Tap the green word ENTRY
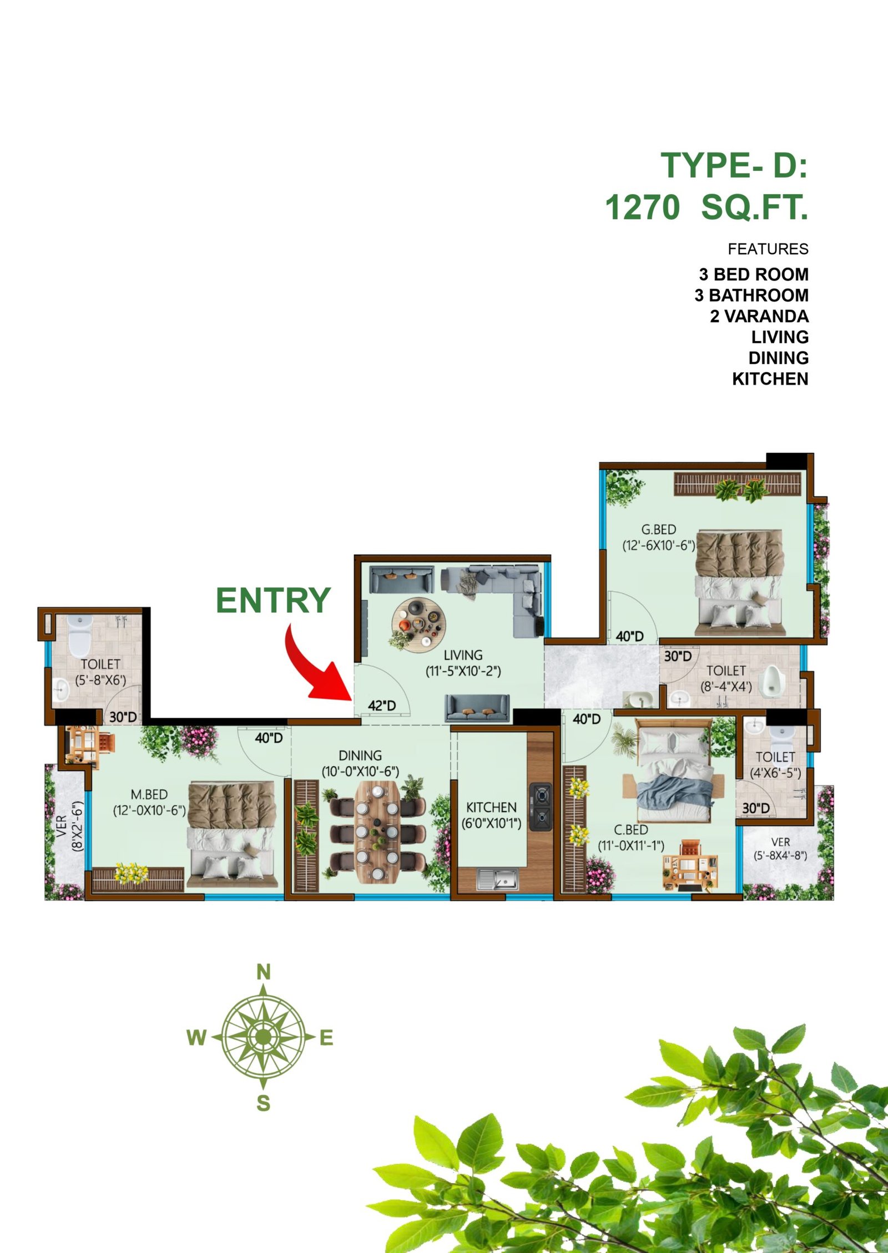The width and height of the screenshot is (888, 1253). (x=273, y=600)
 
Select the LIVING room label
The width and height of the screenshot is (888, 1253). (x=463, y=655)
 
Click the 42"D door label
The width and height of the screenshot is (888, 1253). (x=382, y=706)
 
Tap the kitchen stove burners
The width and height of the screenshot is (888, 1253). (x=541, y=806)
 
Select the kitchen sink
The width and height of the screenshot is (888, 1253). (x=497, y=879)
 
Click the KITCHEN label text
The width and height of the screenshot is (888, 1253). (x=491, y=807)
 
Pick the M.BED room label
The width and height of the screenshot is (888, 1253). (x=149, y=794)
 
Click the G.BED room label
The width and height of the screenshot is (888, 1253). (x=659, y=529)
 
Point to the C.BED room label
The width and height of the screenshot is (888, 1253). (x=631, y=830)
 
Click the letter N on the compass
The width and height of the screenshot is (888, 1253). (x=264, y=972)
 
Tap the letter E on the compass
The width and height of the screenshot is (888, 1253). (x=326, y=1037)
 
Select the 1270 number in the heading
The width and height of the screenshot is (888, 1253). (x=642, y=207)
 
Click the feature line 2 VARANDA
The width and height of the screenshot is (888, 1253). (x=759, y=316)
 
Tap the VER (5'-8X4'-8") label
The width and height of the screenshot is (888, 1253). (x=780, y=849)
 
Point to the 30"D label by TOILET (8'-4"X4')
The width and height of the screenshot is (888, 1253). (x=678, y=656)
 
